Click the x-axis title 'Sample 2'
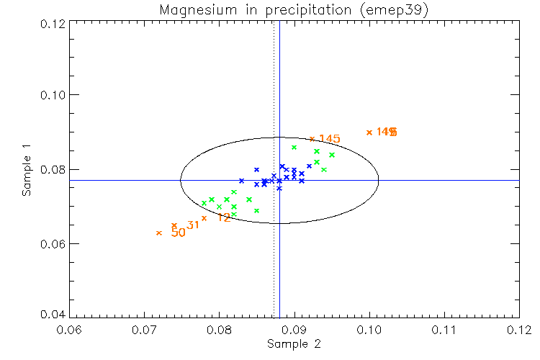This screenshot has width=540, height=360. click(x=294, y=344)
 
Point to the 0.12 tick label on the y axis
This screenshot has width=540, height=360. click(x=53, y=23)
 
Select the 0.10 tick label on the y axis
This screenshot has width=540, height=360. click(x=53, y=96)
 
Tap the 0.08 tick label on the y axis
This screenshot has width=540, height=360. click(x=53, y=170)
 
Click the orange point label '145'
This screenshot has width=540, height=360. click(x=329, y=139)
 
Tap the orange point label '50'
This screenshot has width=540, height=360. click(x=178, y=233)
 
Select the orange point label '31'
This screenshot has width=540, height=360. click(x=193, y=225)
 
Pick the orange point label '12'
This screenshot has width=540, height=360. click(x=224, y=217)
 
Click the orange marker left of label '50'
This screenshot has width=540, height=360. click(x=159, y=233)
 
